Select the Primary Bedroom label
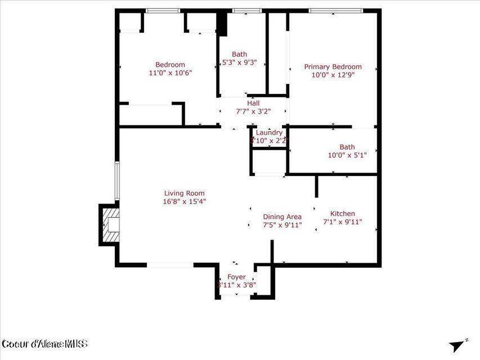coord(333,66)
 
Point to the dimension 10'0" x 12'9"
coord(333,75)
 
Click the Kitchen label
coord(342,213)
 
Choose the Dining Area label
coord(282,217)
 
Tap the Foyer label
coord(236,277)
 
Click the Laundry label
coord(269,133)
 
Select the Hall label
coord(253,103)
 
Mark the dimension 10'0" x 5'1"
coord(347,155)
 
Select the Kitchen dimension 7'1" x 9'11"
coord(342,222)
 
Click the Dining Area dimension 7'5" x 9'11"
coord(282,225)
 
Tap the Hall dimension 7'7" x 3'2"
coord(253,111)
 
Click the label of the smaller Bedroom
coord(170,65)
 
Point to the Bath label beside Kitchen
coord(347,147)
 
